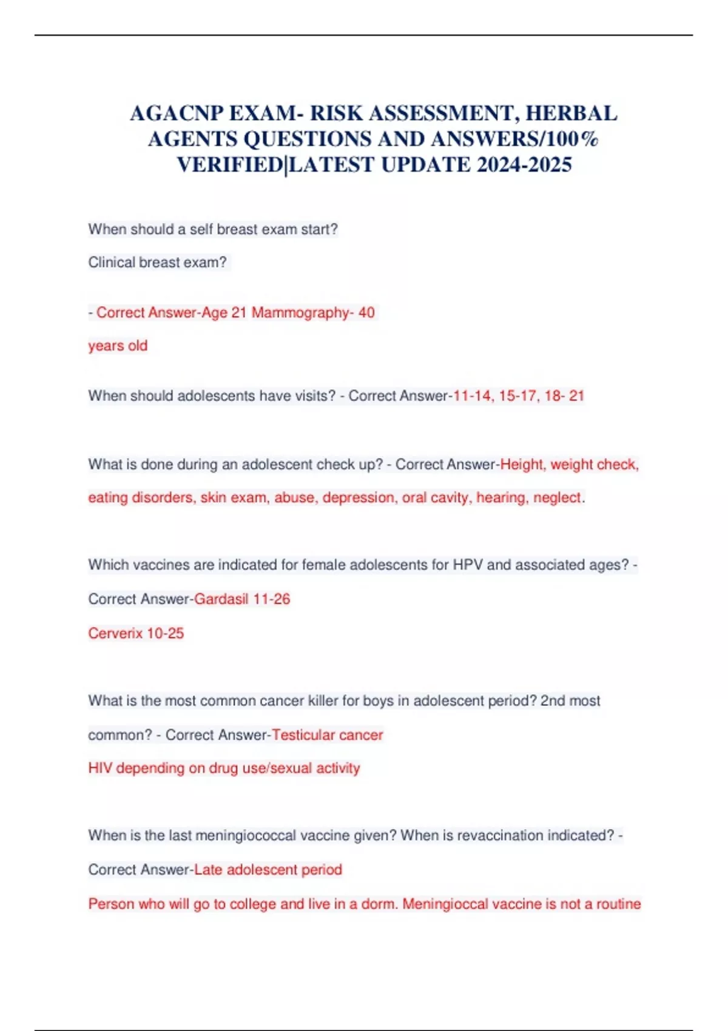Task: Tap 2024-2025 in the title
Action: click(x=524, y=164)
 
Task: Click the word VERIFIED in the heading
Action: click(x=230, y=164)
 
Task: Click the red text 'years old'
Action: click(x=118, y=346)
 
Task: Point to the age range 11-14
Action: click(x=472, y=396)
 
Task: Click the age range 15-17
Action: click(x=517, y=396)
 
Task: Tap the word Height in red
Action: click(x=522, y=465)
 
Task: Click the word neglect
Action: click(x=557, y=498)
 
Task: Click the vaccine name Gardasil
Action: click(x=221, y=599)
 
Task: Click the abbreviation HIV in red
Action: click(x=99, y=768)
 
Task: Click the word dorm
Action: click(x=379, y=904)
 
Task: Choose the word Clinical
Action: click(x=111, y=263)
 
